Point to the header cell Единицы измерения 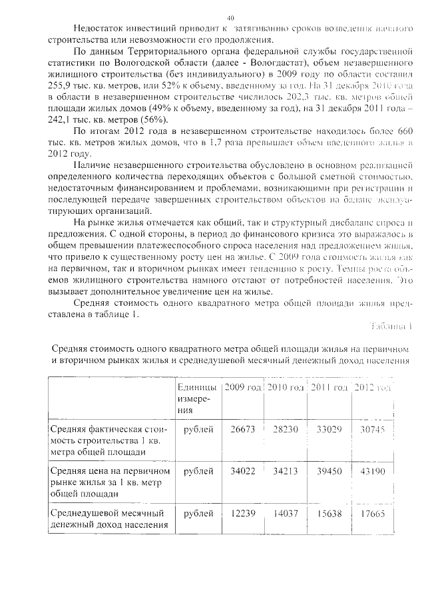click(x=196, y=398)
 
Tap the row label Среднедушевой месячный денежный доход click(x=108, y=518)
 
